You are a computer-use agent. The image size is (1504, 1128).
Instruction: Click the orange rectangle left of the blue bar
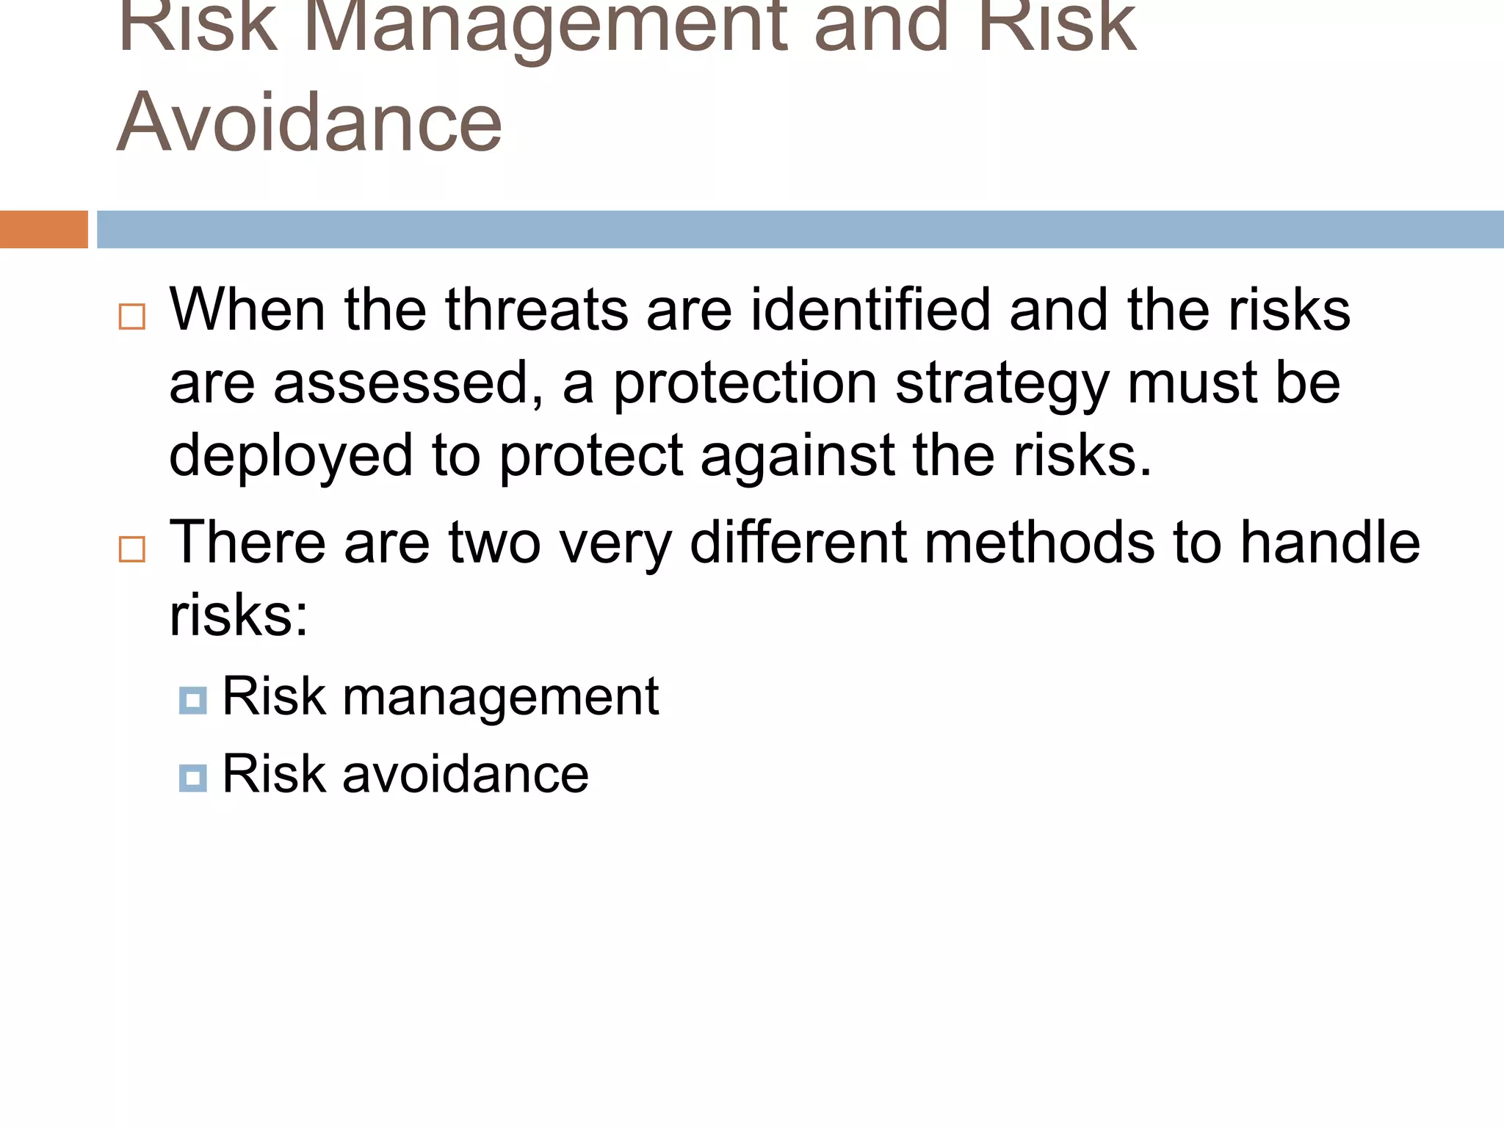click(x=43, y=229)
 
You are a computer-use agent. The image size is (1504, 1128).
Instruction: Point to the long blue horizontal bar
click(x=800, y=229)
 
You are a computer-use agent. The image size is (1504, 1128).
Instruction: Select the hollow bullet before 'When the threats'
click(x=132, y=317)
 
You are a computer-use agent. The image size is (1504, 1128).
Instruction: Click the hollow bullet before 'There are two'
click(x=132, y=549)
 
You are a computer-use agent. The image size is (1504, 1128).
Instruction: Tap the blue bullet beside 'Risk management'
click(x=192, y=700)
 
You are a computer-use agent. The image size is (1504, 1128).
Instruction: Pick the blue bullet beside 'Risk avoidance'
click(x=192, y=778)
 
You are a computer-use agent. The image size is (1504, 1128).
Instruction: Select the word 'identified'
click(x=870, y=310)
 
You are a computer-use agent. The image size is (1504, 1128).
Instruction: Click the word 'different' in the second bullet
click(x=798, y=542)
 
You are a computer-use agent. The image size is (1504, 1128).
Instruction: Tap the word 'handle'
click(x=1330, y=542)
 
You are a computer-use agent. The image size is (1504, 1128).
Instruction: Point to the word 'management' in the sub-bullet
click(x=501, y=697)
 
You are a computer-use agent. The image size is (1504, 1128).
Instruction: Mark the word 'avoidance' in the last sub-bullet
click(x=466, y=774)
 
